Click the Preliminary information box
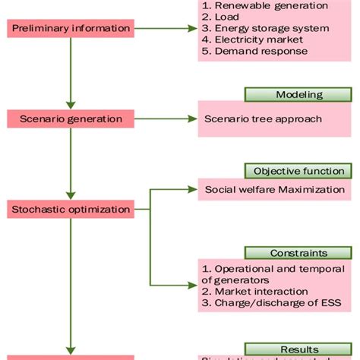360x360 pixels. click(x=70, y=29)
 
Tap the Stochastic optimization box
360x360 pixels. click(x=70, y=208)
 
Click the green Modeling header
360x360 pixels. click(x=298, y=95)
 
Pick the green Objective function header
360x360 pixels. click(x=298, y=171)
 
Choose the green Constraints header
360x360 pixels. click(x=298, y=252)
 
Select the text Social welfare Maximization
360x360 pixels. click(x=275, y=189)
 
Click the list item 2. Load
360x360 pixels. click(x=221, y=17)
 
